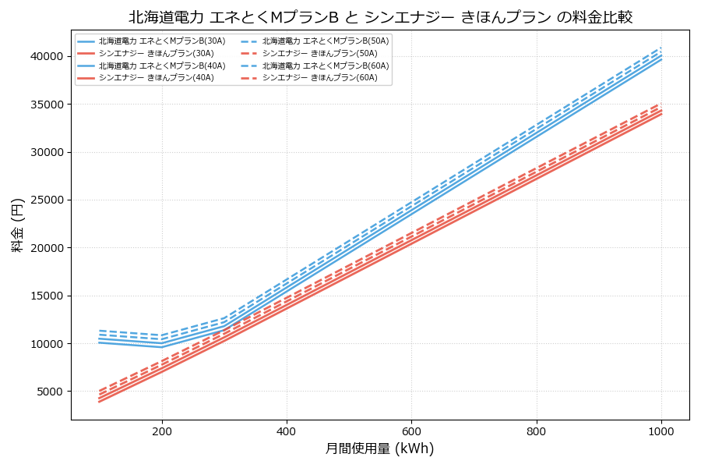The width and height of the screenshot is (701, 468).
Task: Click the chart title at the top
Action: pos(380,17)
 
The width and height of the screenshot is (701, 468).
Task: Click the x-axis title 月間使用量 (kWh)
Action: pos(380,449)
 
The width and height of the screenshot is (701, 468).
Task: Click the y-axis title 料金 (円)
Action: pos(17,225)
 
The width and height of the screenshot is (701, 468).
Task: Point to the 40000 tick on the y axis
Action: pos(46,56)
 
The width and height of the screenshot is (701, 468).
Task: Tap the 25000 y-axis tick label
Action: pos(46,200)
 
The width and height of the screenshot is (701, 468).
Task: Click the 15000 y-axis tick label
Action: pos(46,296)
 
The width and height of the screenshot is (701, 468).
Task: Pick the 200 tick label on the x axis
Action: pos(162,431)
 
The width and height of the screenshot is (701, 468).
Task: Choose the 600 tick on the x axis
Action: pos(411,431)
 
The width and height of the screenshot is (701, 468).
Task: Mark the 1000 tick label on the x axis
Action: pos(661,431)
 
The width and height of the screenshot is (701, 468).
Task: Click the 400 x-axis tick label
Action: pos(287,431)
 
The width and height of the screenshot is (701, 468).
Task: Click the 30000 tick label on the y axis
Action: pos(46,152)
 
